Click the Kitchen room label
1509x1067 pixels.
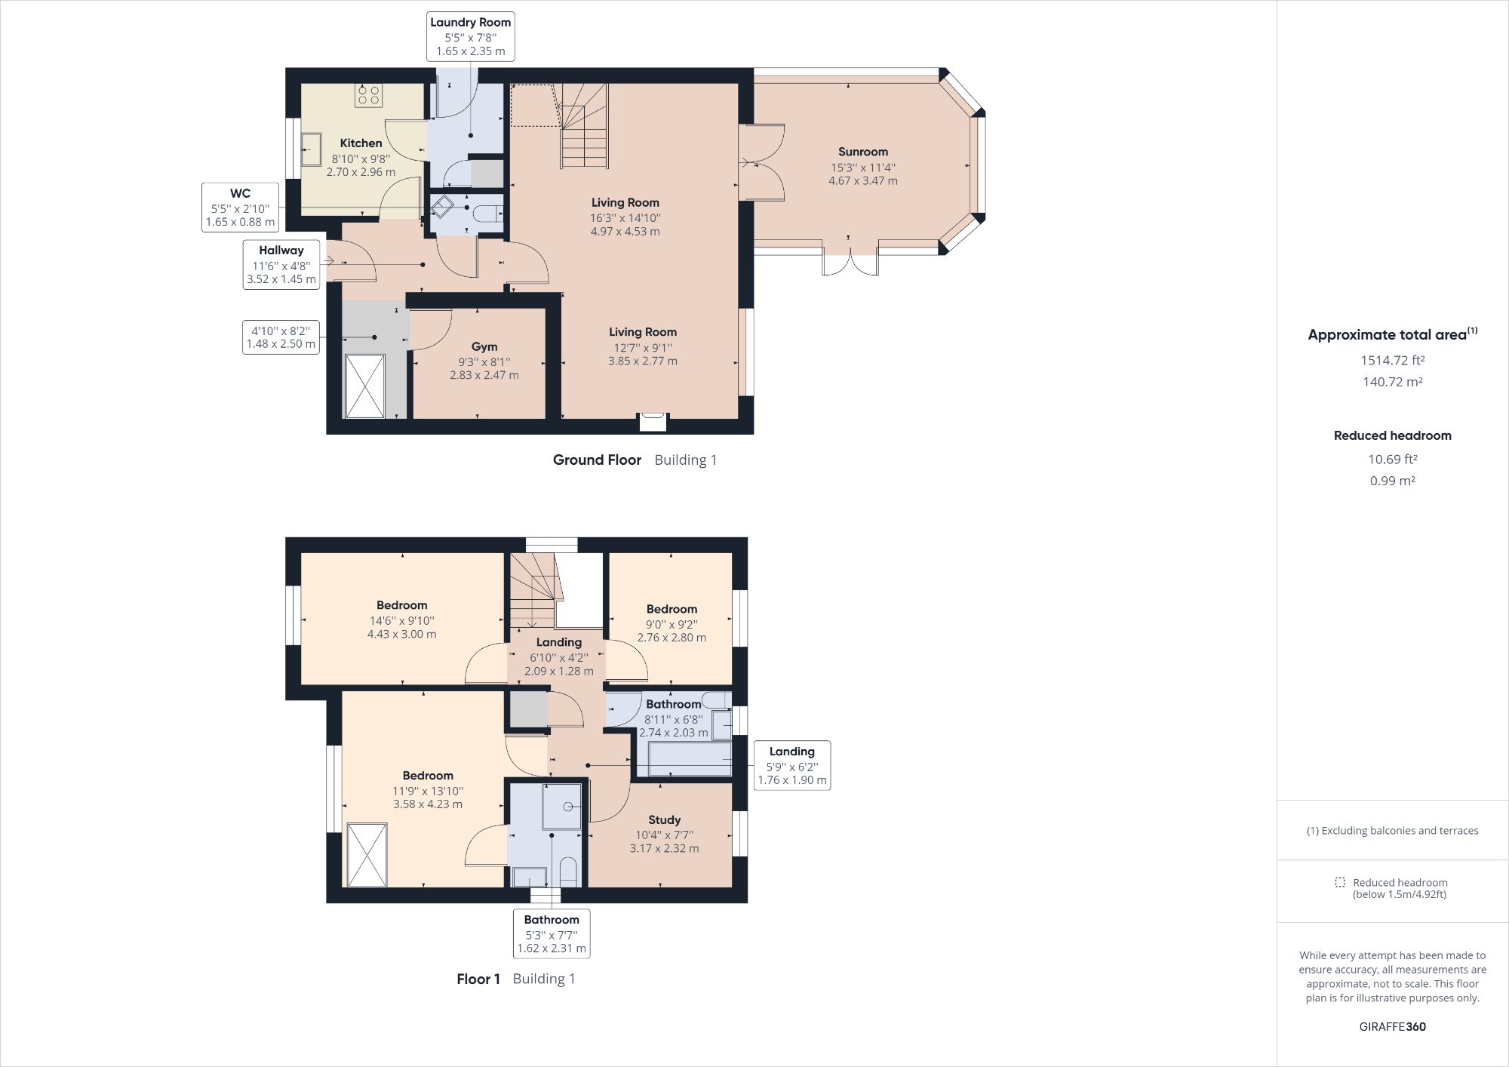pyautogui.click(x=361, y=143)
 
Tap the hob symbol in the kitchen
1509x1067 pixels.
pyautogui.click(x=369, y=95)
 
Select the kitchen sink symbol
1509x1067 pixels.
pyautogui.click(x=311, y=149)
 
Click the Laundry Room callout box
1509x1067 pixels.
pyautogui.click(x=470, y=36)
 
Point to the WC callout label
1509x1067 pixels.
pyautogui.click(x=240, y=207)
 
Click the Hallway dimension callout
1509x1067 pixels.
pyautogui.click(x=281, y=264)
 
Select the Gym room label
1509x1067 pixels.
pyautogui.click(x=484, y=347)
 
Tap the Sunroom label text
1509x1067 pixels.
pyautogui.click(x=863, y=152)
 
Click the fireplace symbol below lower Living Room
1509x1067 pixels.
pyautogui.click(x=653, y=421)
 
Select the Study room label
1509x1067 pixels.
pyautogui.click(x=664, y=819)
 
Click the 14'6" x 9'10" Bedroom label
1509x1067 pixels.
pyautogui.click(x=401, y=605)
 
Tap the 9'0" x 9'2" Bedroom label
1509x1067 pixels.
pyautogui.click(x=672, y=609)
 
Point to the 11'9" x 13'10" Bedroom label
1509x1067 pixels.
pyautogui.click(x=427, y=776)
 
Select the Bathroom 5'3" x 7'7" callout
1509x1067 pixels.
pyautogui.click(x=552, y=933)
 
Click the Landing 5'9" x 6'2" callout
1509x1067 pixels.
pyautogui.click(x=791, y=765)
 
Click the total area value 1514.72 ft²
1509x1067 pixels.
pyautogui.click(x=1392, y=360)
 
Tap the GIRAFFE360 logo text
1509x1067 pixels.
pyautogui.click(x=1392, y=1026)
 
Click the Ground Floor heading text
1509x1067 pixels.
pyautogui.click(x=597, y=460)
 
